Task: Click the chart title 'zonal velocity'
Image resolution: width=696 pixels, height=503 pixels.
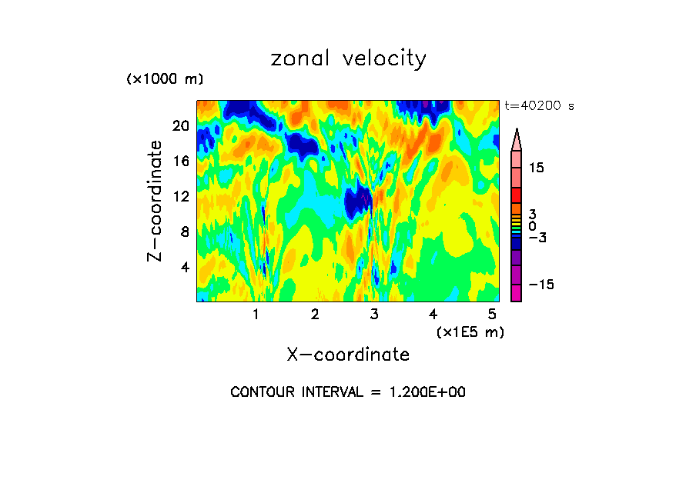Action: [x=348, y=58]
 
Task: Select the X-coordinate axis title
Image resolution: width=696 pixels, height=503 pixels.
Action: [x=348, y=355]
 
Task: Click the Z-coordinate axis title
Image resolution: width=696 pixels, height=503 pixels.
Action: [x=156, y=201]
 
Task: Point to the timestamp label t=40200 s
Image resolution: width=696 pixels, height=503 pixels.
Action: [x=539, y=106]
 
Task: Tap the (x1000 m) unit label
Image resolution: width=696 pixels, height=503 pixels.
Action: [x=165, y=79]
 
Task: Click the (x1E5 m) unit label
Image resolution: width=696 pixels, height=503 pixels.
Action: [x=470, y=331]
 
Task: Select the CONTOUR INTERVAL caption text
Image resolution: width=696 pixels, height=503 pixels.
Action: [x=348, y=392]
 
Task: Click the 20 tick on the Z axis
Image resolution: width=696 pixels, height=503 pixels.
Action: [x=181, y=125]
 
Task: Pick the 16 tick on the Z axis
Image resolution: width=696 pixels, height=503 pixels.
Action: [x=181, y=161]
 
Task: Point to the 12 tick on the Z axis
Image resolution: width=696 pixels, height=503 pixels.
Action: [x=181, y=196]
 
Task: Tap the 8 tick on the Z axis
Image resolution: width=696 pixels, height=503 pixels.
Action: [x=184, y=232]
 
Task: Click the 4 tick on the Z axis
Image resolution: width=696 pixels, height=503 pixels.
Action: [x=184, y=267]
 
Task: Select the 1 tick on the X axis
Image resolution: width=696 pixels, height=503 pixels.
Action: [x=256, y=314]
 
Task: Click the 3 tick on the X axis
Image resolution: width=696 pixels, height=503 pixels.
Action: [x=374, y=314]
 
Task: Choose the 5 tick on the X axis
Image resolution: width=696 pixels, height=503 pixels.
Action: [x=492, y=314]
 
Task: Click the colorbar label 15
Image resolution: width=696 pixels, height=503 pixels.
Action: [x=537, y=168]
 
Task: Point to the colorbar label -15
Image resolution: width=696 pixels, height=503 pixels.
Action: [x=540, y=285]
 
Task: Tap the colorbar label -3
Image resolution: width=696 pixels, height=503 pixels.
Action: [x=537, y=238]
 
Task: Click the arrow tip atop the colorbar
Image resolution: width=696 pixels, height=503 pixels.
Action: [x=517, y=132]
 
